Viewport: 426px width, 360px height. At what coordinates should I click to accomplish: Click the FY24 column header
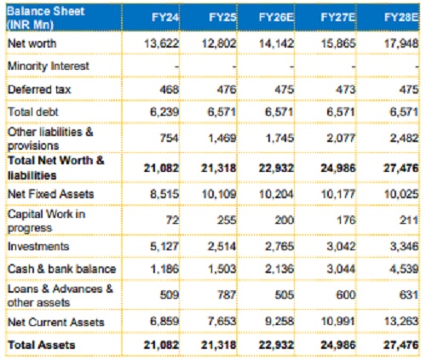tap(165, 17)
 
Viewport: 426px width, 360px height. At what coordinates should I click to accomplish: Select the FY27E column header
tap(337, 17)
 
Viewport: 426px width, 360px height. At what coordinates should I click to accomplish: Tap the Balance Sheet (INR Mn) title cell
tap(45, 18)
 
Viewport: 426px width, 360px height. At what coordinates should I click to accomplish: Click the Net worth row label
tap(32, 43)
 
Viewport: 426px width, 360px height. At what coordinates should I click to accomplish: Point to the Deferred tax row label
tap(39, 89)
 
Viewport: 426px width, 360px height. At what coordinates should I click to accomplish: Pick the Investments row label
tap(38, 246)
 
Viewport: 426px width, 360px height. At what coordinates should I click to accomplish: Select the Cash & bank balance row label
tap(62, 269)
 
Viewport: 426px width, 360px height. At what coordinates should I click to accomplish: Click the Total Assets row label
tap(42, 345)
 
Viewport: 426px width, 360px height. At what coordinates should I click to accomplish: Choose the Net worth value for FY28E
tap(401, 43)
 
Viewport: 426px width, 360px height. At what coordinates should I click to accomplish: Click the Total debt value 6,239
tap(164, 111)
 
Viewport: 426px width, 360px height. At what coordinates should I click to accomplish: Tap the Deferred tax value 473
tap(346, 89)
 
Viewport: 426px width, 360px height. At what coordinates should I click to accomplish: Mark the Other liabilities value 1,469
tap(222, 138)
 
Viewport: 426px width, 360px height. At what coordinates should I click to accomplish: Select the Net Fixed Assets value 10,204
tap(276, 194)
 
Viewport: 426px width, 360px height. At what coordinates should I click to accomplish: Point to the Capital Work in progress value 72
tap(173, 220)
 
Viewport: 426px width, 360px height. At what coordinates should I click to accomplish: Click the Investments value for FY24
tap(164, 246)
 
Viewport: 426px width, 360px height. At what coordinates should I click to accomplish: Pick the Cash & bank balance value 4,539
tap(404, 269)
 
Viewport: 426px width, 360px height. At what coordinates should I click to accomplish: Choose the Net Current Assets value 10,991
tap(338, 322)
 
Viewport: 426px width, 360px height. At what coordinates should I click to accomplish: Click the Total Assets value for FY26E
tap(276, 345)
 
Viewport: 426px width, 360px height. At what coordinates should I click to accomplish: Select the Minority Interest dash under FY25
tap(234, 67)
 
